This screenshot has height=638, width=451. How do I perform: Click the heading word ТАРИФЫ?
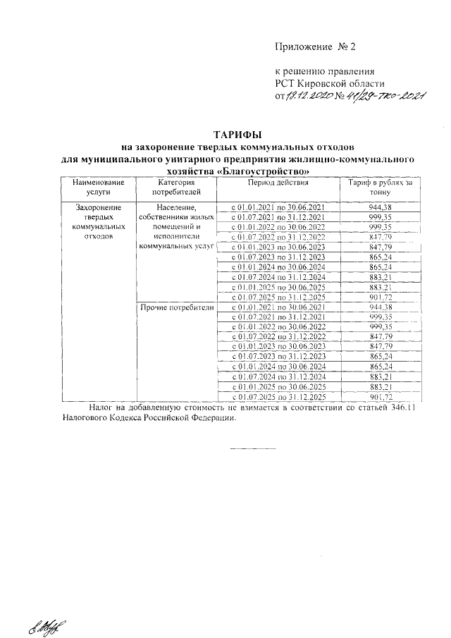237,135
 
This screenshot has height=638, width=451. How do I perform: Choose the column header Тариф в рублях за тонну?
379,187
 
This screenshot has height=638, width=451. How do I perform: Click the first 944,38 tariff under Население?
379,207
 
